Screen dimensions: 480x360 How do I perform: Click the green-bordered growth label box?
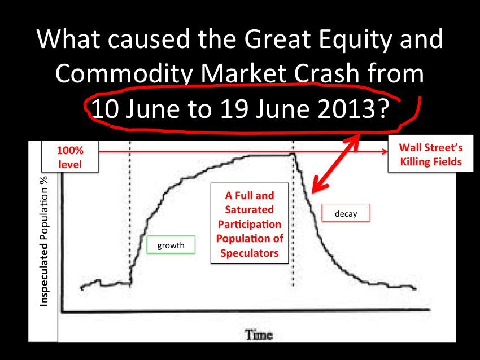pyautogui.click(x=171, y=245)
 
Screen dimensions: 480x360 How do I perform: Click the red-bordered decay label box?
pyautogui.click(x=346, y=213)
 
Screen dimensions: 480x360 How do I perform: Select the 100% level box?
pyautogui.click(x=70, y=157)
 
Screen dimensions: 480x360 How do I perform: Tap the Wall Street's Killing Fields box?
pyautogui.click(x=431, y=154)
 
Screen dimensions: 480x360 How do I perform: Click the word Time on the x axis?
pyautogui.click(x=259, y=335)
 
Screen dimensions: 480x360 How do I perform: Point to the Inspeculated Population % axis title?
pyautogui.click(x=44, y=242)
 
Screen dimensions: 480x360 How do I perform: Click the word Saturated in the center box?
pyautogui.click(x=250, y=210)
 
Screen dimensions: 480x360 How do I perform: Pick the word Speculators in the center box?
pyautogui.click(x=250, y=253)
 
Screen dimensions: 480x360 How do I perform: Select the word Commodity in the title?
pyautogui.click(x=124, y=74)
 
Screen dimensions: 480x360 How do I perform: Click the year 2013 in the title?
pyautogui.click(x=346, y=109)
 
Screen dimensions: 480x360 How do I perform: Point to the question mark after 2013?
pyautogui.click(x=383, y=109)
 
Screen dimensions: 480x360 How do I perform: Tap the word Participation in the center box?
pyautogui.click(x=250, y=225)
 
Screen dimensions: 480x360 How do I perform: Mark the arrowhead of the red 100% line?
pyautogui.click(x=385, y=151)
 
